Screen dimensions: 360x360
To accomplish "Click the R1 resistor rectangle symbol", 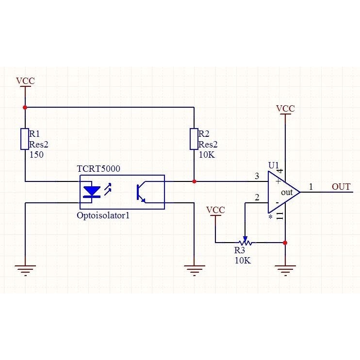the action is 25,139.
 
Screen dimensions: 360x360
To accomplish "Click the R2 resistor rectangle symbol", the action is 194,139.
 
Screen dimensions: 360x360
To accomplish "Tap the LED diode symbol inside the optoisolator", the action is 92,192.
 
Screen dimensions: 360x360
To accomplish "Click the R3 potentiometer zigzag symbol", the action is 245,242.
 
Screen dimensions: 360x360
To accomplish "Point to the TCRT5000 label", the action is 98,169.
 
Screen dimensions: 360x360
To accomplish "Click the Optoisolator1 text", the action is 103,215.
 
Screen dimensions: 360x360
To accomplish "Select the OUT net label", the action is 341,187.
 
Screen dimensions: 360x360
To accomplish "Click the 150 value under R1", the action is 36,155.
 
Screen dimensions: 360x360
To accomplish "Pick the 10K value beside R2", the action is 207,155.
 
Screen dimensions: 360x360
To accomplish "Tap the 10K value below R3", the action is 243,261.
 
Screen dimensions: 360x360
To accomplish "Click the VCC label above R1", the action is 25,81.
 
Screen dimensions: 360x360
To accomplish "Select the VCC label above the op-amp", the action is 285,108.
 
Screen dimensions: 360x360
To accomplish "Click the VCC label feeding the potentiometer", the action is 215,210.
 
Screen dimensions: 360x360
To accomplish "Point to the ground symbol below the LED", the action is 25,270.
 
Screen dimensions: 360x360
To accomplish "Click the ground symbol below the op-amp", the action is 285,270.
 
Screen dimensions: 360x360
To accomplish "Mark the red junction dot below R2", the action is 194,181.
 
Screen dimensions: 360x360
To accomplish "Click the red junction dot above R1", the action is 25,107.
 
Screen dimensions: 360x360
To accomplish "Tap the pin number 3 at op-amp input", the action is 257,176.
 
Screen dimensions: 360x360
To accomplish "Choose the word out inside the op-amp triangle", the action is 287,193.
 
